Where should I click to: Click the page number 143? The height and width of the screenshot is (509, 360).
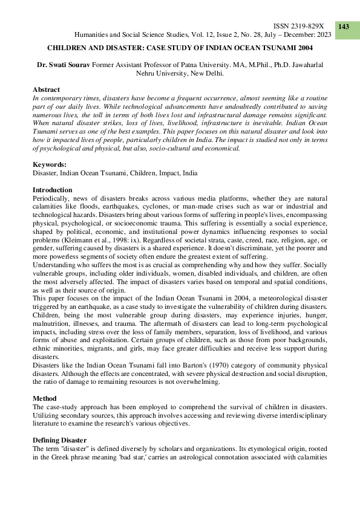click(344, 27)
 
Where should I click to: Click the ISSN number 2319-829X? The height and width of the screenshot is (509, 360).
click(299, 27)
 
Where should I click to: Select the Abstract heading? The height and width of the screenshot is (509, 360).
click(46, 89)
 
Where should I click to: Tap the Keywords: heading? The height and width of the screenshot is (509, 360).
click(49, 164)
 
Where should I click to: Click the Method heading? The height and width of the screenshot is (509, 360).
click(45, 399)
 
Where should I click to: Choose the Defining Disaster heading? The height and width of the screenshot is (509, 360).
click(59, 439)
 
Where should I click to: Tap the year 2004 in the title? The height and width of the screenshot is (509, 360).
click(304, 47)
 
